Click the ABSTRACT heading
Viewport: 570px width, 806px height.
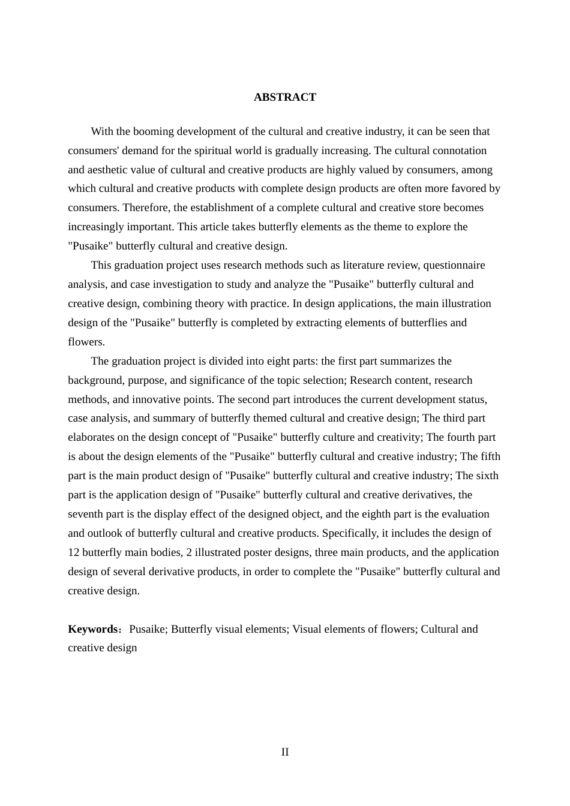click(x=284, y=97)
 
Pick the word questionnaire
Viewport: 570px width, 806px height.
click(x=457, y=265)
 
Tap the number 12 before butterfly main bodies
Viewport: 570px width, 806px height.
click(x=74, y=552)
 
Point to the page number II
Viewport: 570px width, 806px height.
click(x=285, y=752)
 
